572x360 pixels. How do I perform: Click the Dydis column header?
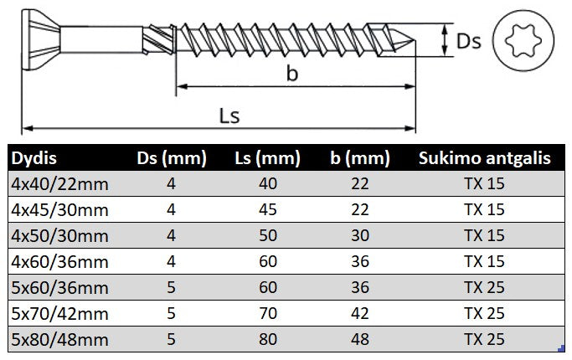[x=34, y=158]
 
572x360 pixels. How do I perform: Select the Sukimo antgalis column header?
[x=484, y=158]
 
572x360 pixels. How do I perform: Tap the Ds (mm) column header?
[x=172, y=159]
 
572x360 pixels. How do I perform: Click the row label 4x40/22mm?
[x=59, y=184]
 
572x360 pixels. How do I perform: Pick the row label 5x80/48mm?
[x=59, y=340]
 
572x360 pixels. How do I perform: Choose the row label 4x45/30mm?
[x=59, y=210]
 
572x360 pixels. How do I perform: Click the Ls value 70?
[x=268, y=314]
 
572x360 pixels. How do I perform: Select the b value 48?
[x=360, y=340]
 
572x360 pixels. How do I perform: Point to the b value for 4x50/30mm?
[x=360, y=235]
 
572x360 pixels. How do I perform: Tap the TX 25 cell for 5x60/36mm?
[x=484, y=287]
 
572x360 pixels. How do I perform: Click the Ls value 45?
[x=268, y=210]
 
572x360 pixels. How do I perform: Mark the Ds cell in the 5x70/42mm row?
[x=171, y=314]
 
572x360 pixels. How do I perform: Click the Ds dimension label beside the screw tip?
[x=469, y=41]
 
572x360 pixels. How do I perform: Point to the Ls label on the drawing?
[x=229, y=116]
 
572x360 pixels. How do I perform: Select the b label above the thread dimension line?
[x=291, y=73]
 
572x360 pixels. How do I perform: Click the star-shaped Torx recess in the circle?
[x=523, y=40]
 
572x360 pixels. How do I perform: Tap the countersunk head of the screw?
[x=40, y=40]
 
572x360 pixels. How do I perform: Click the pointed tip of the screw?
[x=415, y=40]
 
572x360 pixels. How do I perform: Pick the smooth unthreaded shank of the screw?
[x=101, y=39]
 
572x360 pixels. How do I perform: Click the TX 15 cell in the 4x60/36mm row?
[x=484, y=261]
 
